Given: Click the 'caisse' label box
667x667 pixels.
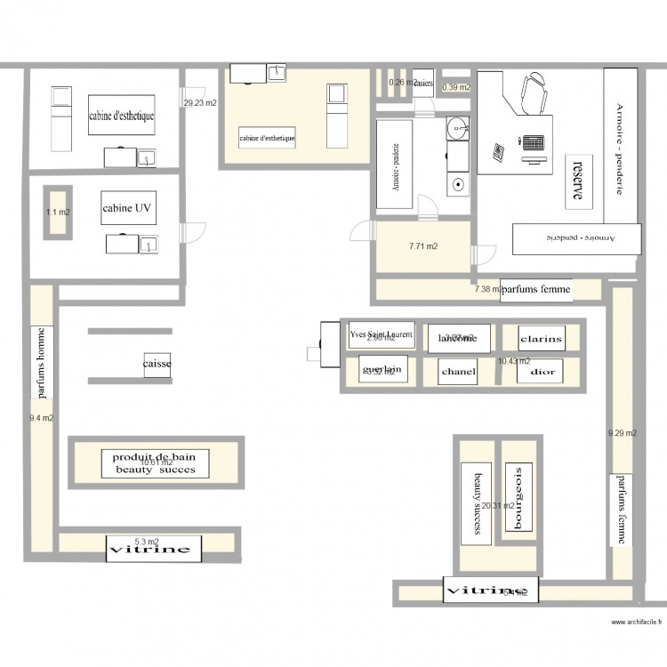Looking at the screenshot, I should click(x=157, y=365).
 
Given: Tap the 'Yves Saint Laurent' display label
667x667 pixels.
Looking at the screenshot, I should click(x=381, y=335).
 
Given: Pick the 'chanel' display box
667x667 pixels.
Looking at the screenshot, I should click(x=458, y=372).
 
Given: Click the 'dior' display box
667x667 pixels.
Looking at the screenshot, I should click(x=542, y=372).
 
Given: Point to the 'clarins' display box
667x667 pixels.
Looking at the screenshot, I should click(x=542, y=339).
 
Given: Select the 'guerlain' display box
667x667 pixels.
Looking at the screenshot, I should click(x=382, y=369).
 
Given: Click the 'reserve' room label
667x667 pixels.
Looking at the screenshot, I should click(x=578, y=180).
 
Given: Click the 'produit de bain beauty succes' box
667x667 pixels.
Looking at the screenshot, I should click(x=155, y=462).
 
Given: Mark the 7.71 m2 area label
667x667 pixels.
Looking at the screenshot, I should click(x=422, y=247).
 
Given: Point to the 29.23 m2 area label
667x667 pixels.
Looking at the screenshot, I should click(x=200, y=103).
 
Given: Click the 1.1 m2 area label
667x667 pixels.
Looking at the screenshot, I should click(x=58, y=213).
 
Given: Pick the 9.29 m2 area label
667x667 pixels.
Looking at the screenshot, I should click(x=622, y=434).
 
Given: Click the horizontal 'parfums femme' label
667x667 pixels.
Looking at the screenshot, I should click(x=535, y=290).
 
